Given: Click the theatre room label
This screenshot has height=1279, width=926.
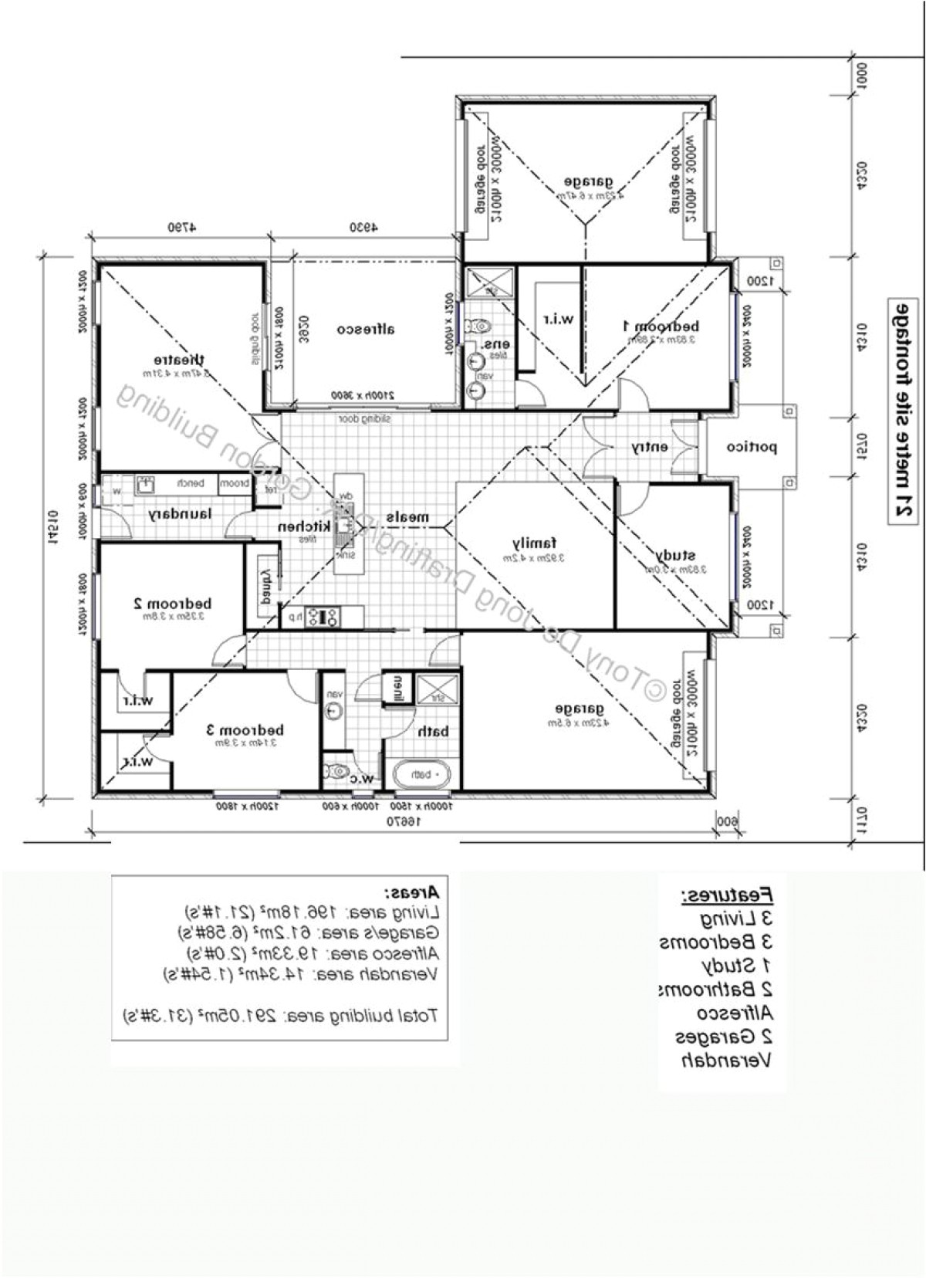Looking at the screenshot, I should [179, 360].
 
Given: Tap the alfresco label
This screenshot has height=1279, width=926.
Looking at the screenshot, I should [366, 330].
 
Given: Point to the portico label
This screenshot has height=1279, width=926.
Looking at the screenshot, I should [752, 447].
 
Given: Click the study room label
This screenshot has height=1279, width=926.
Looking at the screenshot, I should [676, 555].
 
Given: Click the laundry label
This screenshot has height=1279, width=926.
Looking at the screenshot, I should [180, 514].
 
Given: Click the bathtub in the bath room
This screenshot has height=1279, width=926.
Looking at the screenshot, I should [421, 773].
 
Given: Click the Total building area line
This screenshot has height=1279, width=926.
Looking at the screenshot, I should [281, 1016].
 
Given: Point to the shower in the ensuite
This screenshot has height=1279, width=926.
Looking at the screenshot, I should [489, 282].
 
